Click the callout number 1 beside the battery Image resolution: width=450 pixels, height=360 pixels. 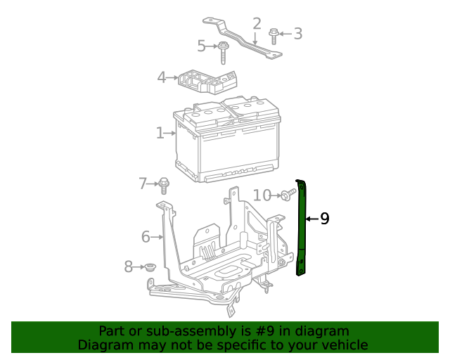tap(160, 132)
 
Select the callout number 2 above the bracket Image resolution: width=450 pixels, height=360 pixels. tap(257, 23)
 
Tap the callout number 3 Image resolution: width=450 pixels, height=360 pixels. tap(297, 33)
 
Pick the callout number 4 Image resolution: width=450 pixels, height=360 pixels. tap(162, 77)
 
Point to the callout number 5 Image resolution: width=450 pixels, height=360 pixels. tap(202, 46)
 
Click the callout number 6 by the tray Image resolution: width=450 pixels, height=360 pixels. tap(146, 236)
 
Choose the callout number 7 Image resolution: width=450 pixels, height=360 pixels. tap(143, 184)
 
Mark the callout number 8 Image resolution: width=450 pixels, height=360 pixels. tap(129, 266)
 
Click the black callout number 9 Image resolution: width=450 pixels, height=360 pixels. tap(324, 219)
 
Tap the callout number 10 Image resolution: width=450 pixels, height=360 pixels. tap(262, 195)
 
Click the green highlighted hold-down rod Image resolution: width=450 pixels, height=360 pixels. tap(302, 225)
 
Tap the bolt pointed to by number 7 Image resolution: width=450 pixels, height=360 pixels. tap(164, 186)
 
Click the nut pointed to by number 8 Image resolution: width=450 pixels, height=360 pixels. tap(149, 267)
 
